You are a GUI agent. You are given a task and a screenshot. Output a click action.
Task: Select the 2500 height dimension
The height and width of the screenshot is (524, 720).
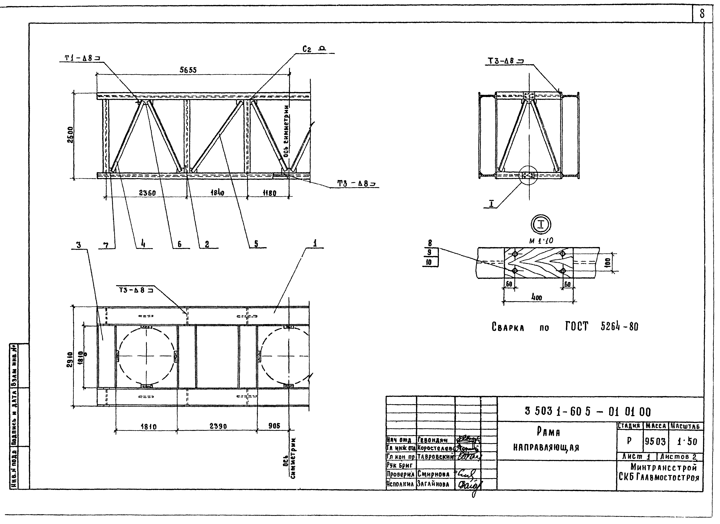coord(70,135)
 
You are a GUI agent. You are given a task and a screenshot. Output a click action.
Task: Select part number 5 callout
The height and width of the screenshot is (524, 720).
coord(256,244)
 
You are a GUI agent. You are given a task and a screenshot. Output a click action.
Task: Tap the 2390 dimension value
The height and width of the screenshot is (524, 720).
coord(218,426)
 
